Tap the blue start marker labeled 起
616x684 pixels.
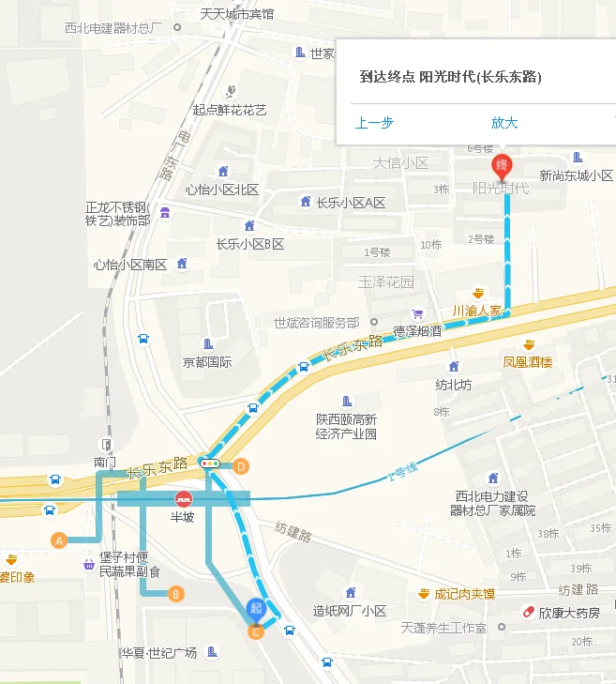[255, 609]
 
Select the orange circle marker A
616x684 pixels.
[59, 540]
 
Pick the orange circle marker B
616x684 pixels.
[174, 593]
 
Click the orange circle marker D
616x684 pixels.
[241, 465]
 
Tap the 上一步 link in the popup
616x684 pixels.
[374, 123]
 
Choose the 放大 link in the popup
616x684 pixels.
[504, 123]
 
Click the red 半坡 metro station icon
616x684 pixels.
[184, 498]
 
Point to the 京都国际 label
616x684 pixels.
[207, 361]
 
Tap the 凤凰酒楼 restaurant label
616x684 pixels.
[528, 360]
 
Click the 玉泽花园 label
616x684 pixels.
[386, 281]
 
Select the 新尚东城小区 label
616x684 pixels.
[576, 175]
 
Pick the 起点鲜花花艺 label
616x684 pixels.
[230, 110]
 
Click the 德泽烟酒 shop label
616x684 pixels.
[416, 330]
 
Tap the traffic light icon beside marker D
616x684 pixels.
[211, 463]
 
